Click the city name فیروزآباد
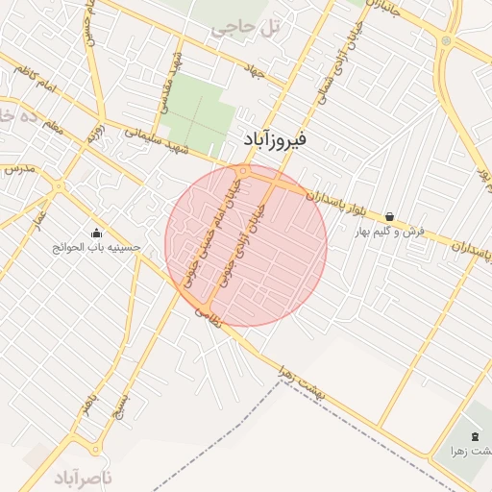click(x=272, y=141)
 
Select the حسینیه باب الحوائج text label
click(x=97, y=247)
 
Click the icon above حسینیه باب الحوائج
click(x=97, y=232)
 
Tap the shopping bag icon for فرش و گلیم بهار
click(x=389, y=216)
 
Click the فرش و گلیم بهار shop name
click(x=388, y=232)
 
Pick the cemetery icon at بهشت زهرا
click(x=478, y=437)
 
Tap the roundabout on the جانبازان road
click(x=446, y=41)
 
